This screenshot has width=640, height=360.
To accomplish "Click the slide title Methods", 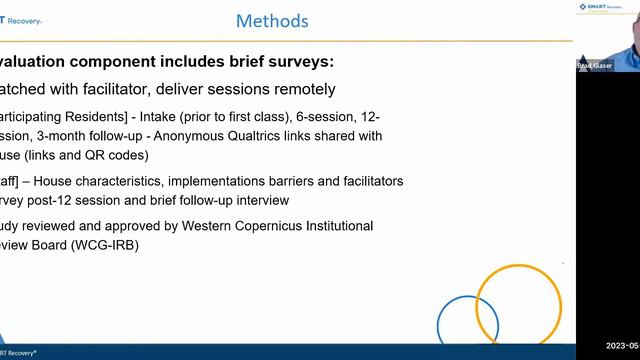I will (272, 21).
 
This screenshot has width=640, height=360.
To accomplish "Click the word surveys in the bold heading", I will (293, 61).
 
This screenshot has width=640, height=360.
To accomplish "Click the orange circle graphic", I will (518, 304).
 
